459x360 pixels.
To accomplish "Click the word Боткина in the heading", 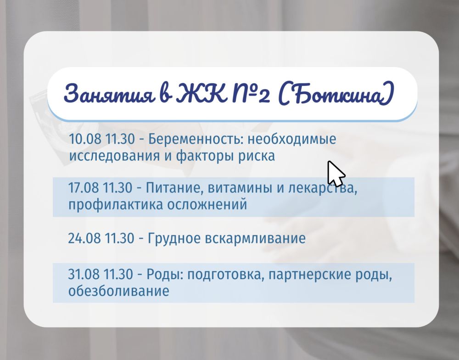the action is point(336,94).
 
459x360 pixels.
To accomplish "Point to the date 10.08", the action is point(85,139).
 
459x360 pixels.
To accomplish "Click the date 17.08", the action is point(84,188).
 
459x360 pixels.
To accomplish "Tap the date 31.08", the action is point(84,275).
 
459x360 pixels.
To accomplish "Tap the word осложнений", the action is point(207,205).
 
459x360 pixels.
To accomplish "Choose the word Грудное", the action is point(174,239).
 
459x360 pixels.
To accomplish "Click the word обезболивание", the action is point(118,292).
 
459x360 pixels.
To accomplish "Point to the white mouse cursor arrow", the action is point(336,174).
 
